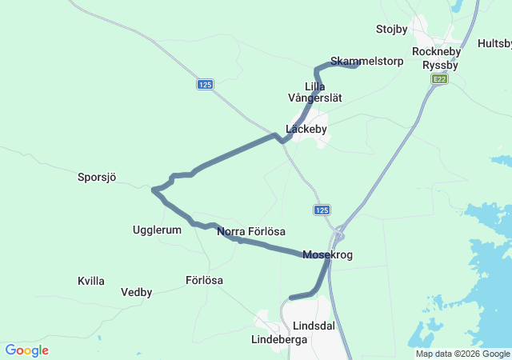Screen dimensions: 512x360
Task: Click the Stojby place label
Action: point(391,30)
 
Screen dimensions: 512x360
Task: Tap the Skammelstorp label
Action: point(355,61)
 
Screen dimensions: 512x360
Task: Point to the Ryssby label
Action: point(440,66)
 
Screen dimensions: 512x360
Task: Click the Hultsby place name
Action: point(494,43)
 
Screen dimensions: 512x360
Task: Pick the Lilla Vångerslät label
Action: point(314,92)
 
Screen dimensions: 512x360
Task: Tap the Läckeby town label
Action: point(306,129)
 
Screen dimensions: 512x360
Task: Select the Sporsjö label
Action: point(97,177)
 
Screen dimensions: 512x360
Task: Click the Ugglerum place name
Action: point(157,230)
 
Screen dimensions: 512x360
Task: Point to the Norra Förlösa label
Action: point(251,232)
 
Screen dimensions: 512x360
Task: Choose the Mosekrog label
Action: point(327,255)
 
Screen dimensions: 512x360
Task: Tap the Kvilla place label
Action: point(91,281)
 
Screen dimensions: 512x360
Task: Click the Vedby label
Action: point(136,292)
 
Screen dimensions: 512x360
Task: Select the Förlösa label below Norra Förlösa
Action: point(204,281)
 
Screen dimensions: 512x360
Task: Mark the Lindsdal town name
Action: point(314,326)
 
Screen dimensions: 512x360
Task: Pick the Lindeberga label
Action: point(279,339)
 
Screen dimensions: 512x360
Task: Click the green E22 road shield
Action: point(439,78)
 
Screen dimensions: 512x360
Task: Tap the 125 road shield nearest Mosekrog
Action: point(321,210)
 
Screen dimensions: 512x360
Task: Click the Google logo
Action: point(26,350)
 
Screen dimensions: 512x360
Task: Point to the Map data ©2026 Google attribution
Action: point(462,354)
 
